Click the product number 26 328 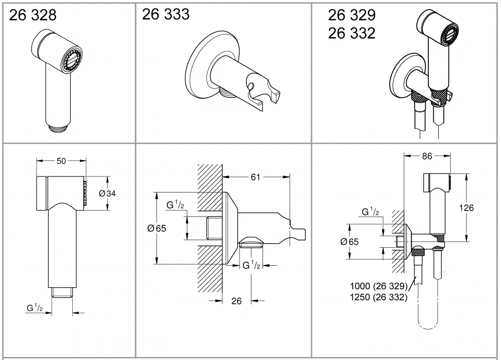point(33,15)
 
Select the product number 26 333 point(165,15)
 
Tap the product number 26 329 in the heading point(352,15)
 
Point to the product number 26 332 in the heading point(352,33)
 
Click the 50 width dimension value point(61,161)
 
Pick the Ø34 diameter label point(107,194)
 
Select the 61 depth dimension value point(255,177)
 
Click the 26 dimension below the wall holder point(236,301)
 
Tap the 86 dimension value point(427,156)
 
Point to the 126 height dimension point(466,208)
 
